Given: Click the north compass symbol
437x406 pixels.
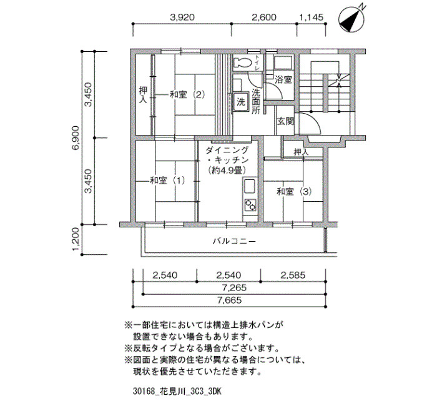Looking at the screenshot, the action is tap(351, 18).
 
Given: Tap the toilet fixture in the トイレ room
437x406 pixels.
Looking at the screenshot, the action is tap(242, 62).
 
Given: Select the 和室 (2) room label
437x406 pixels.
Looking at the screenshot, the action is tap(187, 95).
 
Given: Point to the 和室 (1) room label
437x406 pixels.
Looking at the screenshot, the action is tap(167, 181).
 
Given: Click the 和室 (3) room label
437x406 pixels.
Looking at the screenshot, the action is tap(294, 192).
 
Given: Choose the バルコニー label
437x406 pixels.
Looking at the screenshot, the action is tap(234, 241).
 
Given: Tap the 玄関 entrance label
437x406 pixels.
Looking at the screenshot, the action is tap(285, 122).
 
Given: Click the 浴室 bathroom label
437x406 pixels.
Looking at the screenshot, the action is tap(283, 80).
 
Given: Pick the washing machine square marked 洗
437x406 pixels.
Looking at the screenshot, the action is tap(241, 102).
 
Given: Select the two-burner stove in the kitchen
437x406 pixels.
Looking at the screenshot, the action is tap(250, 205).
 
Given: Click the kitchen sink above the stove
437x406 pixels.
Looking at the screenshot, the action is tap(250, 186).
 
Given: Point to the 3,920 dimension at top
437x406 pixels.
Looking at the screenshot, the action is tap(182, 17).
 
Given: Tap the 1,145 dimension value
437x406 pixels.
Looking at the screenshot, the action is tap(312, 17).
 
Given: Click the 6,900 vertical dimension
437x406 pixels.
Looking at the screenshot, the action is tap(76, 138).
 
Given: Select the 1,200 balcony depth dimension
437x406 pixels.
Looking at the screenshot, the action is tap(77, 239).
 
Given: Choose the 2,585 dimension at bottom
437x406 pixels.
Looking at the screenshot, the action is tap(293, 275).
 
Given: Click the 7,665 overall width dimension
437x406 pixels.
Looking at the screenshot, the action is tap(229, 300).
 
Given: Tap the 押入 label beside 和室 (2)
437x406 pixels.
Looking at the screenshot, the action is tap(143, 95).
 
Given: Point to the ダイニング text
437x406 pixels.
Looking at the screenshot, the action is tap(227, 151).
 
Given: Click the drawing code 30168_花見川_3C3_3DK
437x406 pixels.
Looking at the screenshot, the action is tap(177, 392).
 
